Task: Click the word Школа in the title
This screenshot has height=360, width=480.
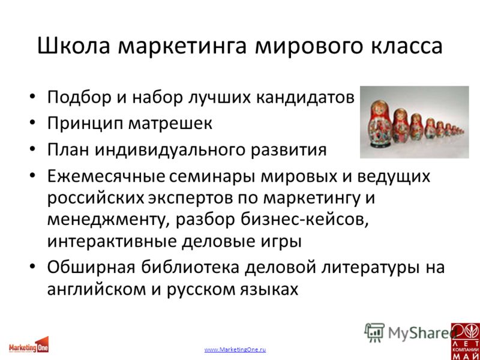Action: [x=73, y=47]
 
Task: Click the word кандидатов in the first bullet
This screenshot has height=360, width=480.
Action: [x=305, y=98]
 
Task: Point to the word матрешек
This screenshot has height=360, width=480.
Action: [x=170, y=124]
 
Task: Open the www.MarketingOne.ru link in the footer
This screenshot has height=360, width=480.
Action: [x=235, y=350]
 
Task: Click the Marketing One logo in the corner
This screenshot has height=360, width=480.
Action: [x=28, y=345]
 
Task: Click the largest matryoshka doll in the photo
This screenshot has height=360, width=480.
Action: [x=380, y=124]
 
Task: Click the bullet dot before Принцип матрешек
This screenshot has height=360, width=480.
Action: [x=32, y=124]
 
